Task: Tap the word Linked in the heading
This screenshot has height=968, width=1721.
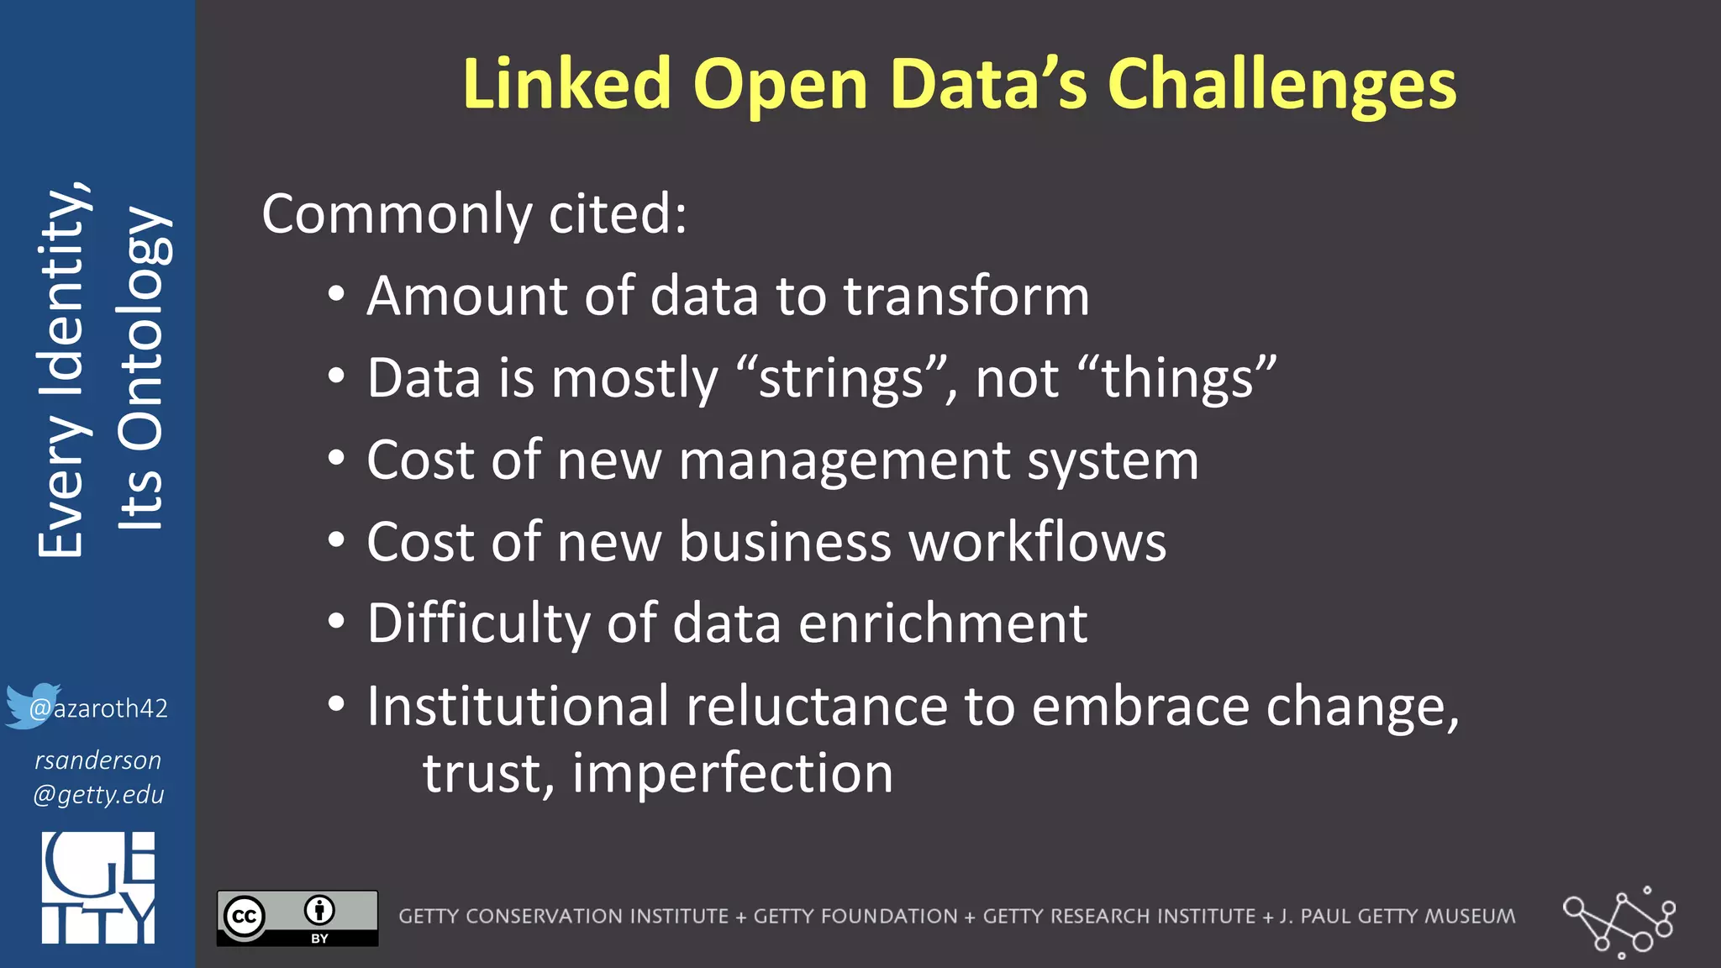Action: point(566,85)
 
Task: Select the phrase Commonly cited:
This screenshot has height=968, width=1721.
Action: point(475,213)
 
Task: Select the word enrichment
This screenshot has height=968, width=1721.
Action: point(943,623)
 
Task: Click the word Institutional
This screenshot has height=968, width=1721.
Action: point(518,706)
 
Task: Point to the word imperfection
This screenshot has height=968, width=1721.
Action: point(733,773)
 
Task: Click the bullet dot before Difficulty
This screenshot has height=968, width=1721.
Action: point(336,622)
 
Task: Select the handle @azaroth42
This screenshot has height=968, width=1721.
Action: point(99,708)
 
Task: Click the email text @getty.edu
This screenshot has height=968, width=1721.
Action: point(98,795)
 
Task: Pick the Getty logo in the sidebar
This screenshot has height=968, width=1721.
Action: point(98,887)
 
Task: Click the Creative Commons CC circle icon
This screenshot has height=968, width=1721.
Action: point(245,916)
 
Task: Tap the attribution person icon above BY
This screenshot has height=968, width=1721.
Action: point(319,910)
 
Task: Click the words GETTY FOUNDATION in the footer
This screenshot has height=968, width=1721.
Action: point(855,916)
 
